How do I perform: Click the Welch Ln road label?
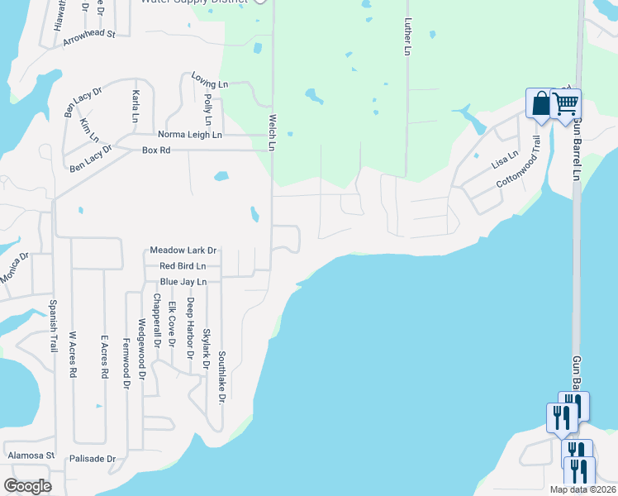pyautogui.click(x=271, y=132)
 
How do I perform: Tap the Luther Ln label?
pyautogui.click(x=407, y=38)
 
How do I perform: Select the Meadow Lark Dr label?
pyautogui.click(x=183, y=250)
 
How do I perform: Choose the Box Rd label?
pyautogui.click(x=155, y=150)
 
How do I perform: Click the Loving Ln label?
pyautogui.click(x=209, y=83)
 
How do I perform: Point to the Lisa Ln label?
pyautogui.click(x=505, y=159)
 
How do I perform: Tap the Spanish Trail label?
pyautogui.click(x=53, y=326)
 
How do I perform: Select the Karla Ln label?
pyautogui.click(x=135, y=106)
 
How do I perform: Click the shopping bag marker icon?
pyautogui.click(x=540, y=104)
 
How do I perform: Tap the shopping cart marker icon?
pyautogui.click(x=565, y=104)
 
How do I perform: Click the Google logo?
pyautogui.click(x=27, y=486)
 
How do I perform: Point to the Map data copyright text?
pyautogui.click(x=582, y=489)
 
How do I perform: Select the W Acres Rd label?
pyautogui.click(x=73, y=355)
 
